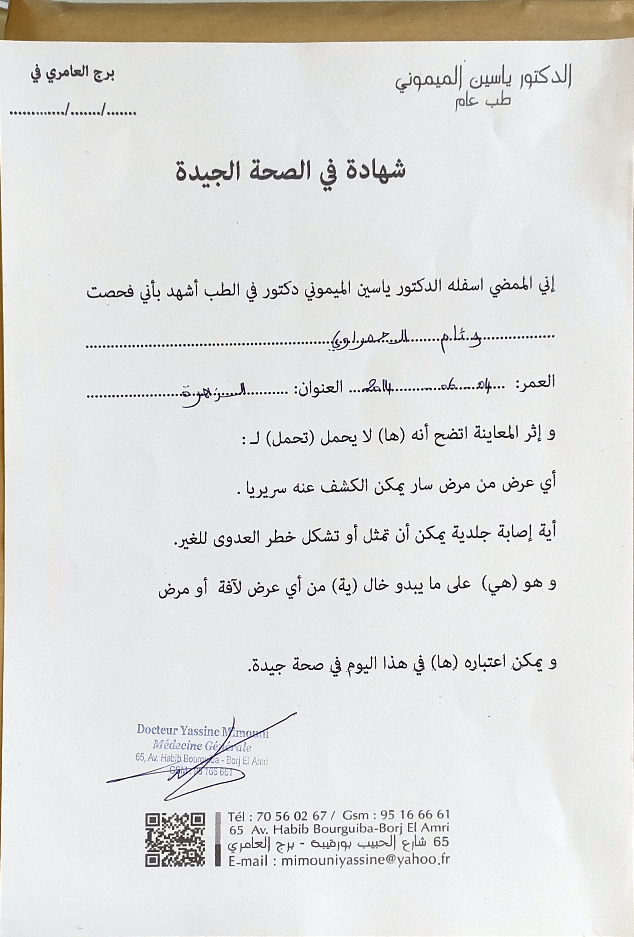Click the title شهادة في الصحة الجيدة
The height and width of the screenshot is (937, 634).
(290, 171)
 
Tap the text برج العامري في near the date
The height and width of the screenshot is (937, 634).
(73, 75)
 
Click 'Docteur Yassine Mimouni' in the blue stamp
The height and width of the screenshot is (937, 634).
(202, 730)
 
